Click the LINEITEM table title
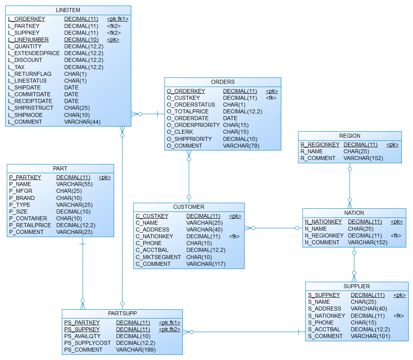pyautogui.click(x=68, y=10)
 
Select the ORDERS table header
pyautogui.click(x=223, y=82)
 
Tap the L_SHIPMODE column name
pyautogui.click(x=26, y=115)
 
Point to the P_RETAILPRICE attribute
pyautogui.click(x=30, y=225)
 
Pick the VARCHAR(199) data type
pyautogui.click(x=136, y=350)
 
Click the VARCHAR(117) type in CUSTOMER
pyautogui.click(x=206, y=264)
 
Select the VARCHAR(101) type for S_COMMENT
pyautogui.click(x=370, y=336)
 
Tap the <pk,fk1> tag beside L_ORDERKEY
pyautogui.click(x=118, y=19)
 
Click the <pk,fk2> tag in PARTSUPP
pyautogui.click(x=170, y=329)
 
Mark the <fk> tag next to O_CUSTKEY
pyautogui.click(x=271, y=98)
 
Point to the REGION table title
pyautogui.click(x=350, y=136)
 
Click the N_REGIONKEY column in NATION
pyautogui.click(x=324, y=235)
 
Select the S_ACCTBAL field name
pyautogui.click(x=324, y=329)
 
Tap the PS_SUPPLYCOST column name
pyautogui.click(x=87, y=343)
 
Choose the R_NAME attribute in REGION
pyautogui.click(x=312, y=151)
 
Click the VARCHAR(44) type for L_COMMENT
pyautogui.click(x=82, y=122)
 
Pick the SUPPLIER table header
pyautogui.click(x=356, y=286)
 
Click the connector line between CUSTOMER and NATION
pyautogui.click(x=275, y=228)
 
